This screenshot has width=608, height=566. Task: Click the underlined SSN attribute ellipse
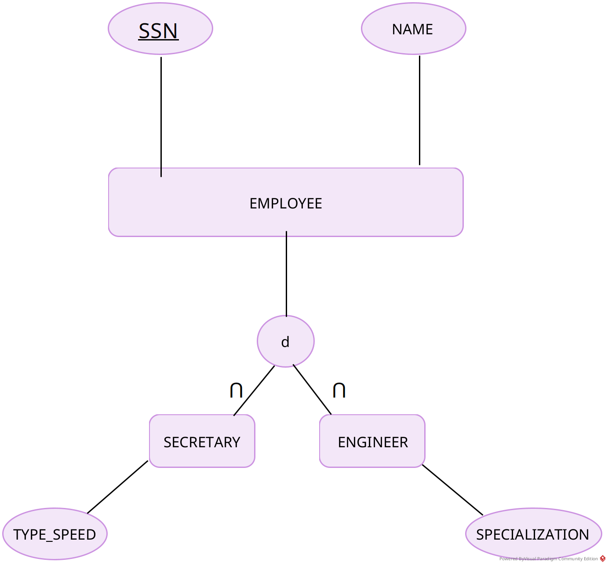160,29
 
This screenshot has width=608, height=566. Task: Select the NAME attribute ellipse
413,29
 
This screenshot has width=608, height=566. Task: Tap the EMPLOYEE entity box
286,220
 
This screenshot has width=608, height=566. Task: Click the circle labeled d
286,341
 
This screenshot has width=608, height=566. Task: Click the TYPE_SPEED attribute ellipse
55,534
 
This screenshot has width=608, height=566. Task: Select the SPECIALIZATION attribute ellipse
533,534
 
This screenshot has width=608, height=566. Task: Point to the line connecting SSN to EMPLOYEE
161,114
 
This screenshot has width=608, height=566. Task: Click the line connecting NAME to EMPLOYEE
419,110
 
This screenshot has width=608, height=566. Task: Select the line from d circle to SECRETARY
254,391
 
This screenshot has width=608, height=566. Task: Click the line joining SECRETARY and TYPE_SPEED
118,487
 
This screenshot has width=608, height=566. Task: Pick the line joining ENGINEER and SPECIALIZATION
452,489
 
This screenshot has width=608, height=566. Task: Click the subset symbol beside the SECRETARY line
236,390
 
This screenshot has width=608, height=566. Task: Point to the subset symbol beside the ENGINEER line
339,390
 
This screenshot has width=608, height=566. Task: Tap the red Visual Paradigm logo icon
603,559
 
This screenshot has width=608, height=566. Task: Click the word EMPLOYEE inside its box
286,204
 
